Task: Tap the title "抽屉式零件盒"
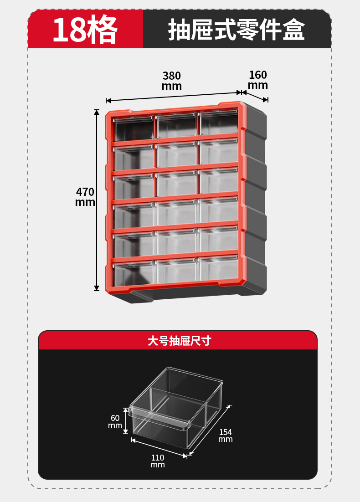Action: click(x=237, y=30)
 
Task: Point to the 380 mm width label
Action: click(x=172, y=81)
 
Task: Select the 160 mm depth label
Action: click(x=258, y=80)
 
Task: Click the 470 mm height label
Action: click(x=85, y=197)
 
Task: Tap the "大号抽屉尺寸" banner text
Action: click(x=180, y=341)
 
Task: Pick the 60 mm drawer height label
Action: click(x=115, y=421)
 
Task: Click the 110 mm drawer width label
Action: click(x=158, y=461)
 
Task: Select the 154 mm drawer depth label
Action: click(x=225, y=435)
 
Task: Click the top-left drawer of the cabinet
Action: click(x=134, y=129)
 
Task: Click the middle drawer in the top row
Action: click(x=176, y=126)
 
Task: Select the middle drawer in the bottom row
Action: click(x=176, y=271)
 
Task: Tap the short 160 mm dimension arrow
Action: click(x=255, y=96)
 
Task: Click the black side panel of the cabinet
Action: click(x=255, y=200)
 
